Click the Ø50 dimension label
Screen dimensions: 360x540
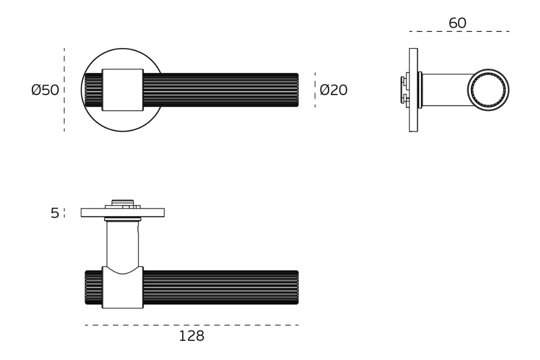pyautogui.click(x=45, y=90)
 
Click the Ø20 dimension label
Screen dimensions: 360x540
pyautogui.click(x=333, y=90)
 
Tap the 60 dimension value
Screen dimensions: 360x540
pyautogui.click(x=457, y=23)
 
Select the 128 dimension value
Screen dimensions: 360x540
pyautogui.click(x=191, y=336)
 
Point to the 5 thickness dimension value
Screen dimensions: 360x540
pyautogui.click(x=55, y=213)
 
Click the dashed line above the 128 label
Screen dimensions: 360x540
pyautogui.click(x=191, y=325)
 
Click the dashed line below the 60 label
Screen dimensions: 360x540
pyautogui.click(x=459, y=31)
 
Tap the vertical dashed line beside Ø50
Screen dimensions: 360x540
pyautogui.click(x=64, y=90)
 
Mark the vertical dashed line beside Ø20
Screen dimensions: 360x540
pyautogui.click(x=315, y=90)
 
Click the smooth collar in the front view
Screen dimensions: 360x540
pyautogui.click(x=122, y=90)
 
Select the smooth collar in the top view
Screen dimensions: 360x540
pyautogui.click(x=122, y=290)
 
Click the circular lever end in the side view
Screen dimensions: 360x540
pyautogui.click(x=488, y=90)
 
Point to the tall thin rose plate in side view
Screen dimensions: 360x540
pyautogui.click(x=413, y=90)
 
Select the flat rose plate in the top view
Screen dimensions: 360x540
pyautogui.click(x=122, y=212)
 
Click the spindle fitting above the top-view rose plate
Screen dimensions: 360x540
pyautogui.click(x=122, y=203)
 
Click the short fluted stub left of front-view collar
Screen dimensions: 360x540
pyautogui.click(x=93, y=90)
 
